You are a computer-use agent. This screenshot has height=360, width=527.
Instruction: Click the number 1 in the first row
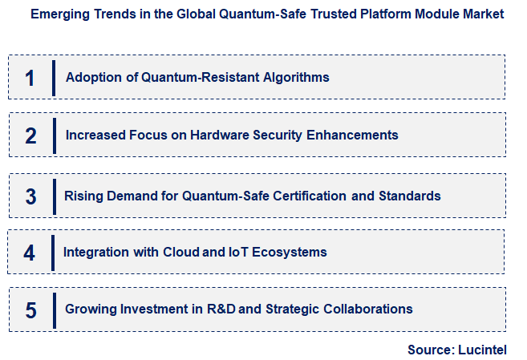tap(30, 78)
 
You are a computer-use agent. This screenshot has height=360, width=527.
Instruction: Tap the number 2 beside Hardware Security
tap(30, 136)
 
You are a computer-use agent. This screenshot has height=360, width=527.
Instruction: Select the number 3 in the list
tap(30, 196)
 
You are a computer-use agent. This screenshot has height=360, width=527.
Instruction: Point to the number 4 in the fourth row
tap(30, 253)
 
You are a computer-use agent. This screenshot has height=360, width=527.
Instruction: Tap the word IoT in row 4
tap(240, 252)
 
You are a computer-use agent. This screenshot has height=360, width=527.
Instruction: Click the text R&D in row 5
tap(217, 309)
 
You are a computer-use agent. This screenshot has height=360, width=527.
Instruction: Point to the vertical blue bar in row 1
tap(53, 78)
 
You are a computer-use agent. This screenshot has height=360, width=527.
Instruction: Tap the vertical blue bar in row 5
tap(53, 309)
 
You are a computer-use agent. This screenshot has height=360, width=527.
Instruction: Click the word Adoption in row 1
tap(92, 78)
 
